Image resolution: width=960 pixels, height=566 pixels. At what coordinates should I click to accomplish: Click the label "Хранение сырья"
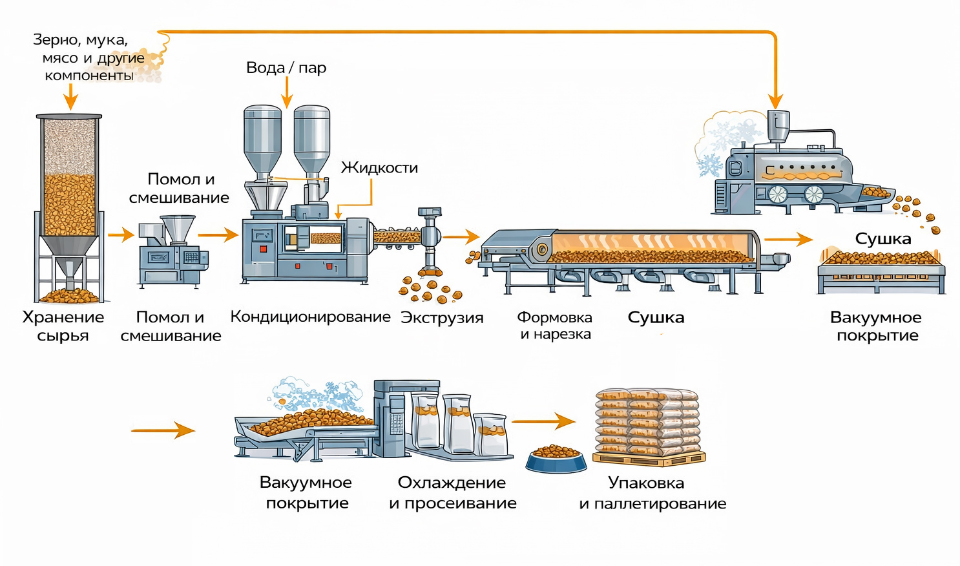(x=63, y=326)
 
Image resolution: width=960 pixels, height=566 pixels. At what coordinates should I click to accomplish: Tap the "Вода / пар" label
(x=286, y=68)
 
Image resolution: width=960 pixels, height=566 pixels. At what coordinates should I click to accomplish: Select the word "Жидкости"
(x=379, y=168)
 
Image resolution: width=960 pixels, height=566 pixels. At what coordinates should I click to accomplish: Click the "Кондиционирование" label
(x=310, y=317)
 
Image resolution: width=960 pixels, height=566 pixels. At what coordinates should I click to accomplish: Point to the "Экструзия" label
(x=442, y=318)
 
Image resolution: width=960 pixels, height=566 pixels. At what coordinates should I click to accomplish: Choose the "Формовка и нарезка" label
(x=555, y=326)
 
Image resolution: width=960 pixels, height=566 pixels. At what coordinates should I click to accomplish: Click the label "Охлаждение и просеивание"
(x=452, y=492)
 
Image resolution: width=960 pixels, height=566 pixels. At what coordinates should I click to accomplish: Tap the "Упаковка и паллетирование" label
(x=652, y=493)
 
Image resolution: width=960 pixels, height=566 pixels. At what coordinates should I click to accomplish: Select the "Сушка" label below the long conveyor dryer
(x=656, y=318)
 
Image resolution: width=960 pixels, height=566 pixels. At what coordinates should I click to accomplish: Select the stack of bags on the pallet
(x=647, y=421)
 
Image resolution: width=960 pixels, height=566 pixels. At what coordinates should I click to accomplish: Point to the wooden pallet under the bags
(x=649, y=459)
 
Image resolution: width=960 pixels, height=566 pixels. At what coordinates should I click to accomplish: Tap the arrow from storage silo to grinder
(x=121, y=235)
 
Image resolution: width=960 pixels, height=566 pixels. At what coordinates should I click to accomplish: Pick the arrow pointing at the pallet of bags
(x=543, y=421)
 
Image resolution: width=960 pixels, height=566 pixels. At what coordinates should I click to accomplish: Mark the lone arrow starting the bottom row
(x=163, y=430)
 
